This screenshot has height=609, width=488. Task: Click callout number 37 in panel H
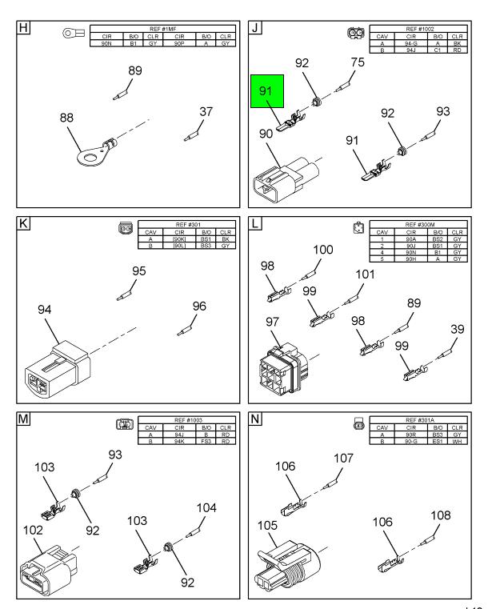206,112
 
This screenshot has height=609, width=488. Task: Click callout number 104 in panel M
206,508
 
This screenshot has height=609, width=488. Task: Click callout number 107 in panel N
343,459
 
